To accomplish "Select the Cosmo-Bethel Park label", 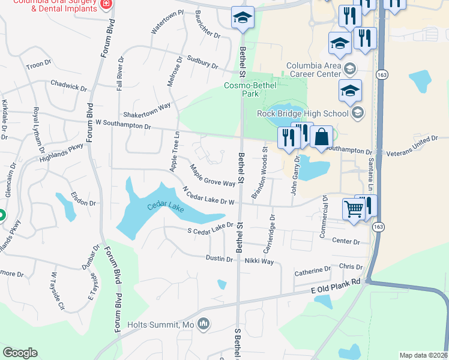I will [x=249, y=90].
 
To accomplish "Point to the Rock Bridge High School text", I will [x=303, y=113].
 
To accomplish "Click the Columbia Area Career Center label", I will [x=316, y=70].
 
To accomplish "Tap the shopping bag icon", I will [x=322, y=137].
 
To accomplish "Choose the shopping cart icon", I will [x=354, y=210].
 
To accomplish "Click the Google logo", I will [x=20, y=353].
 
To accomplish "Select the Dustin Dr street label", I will [x=219, y=259].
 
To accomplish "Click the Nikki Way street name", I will [x=259, y=262].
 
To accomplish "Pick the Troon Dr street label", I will [x=40, y=64].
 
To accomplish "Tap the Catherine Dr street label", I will [x=312, y=272].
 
